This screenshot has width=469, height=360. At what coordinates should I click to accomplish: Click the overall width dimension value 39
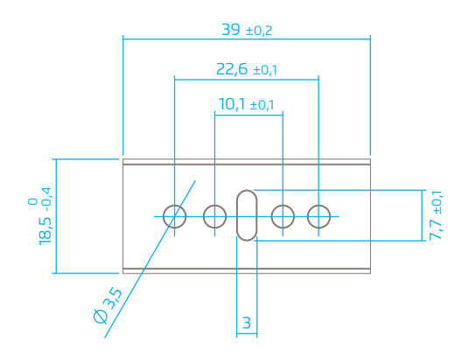click(231, 30)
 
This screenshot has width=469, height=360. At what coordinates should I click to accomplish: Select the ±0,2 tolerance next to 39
click(259, 31)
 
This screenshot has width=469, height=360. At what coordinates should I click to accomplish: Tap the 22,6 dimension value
click(232, 69)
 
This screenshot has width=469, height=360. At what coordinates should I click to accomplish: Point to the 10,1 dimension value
click(232, 104)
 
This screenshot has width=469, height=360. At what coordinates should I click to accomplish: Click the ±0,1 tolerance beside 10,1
click(262, 105)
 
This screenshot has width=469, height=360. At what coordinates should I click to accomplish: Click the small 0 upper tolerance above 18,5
click(32, 201)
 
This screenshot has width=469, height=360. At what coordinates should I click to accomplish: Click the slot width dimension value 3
click(247, 323)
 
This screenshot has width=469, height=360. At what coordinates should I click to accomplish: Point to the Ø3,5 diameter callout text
click(108, 306)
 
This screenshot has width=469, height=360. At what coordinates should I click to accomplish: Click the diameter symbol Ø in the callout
click(101, 316)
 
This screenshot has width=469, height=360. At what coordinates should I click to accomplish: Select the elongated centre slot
click(247, 190)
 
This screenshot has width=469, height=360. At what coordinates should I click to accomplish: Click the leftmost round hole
click(175, 206)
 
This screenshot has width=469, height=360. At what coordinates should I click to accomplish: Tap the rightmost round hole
click(318, 206)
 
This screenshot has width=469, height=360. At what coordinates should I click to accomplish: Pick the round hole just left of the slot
click(214, 206)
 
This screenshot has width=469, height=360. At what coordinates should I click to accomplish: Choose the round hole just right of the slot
click(283, 206)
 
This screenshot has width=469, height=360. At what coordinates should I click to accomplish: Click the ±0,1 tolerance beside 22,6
click(265, 70)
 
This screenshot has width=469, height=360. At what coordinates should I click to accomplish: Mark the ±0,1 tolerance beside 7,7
click(437, 202)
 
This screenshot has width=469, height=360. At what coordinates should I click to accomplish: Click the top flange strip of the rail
click(247, 162)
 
